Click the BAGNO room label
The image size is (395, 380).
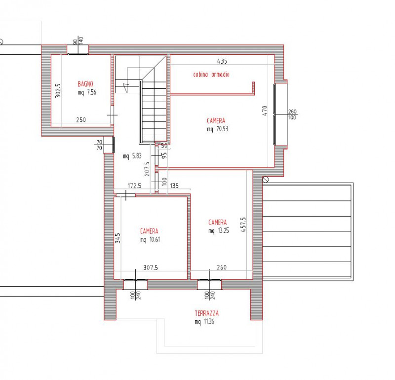tap(85, 84)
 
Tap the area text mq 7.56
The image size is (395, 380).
tap(87, 92)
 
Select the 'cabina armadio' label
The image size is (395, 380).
tap(211, 75)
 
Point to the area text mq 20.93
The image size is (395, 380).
tap(218, 129)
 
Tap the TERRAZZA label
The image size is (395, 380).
tap(206, 313)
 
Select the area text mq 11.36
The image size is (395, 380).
tap(204, 322)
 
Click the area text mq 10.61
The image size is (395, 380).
tap(151, 240)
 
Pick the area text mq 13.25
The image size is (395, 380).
tap(218, 230)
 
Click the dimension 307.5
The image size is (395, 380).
tap(151, 268)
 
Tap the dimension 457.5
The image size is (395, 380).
tap(243, 227)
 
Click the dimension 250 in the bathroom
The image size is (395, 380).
tap(81, 119)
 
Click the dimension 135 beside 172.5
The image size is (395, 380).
tap(174, 187)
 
